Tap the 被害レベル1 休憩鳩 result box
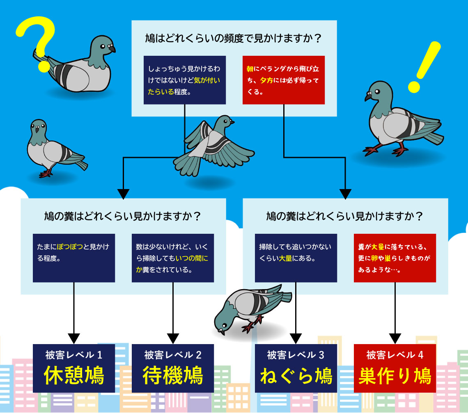74,368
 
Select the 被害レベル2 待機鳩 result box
173,368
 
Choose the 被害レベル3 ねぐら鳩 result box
296,368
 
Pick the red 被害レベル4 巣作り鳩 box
395,368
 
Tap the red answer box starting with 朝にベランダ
284,80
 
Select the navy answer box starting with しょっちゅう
185,80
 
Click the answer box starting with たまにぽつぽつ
74,258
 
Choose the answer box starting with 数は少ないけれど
173,258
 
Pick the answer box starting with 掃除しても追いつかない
296,258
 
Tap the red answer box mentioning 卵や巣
395,258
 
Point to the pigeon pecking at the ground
250,308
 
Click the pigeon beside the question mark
82,66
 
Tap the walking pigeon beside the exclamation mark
400,119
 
